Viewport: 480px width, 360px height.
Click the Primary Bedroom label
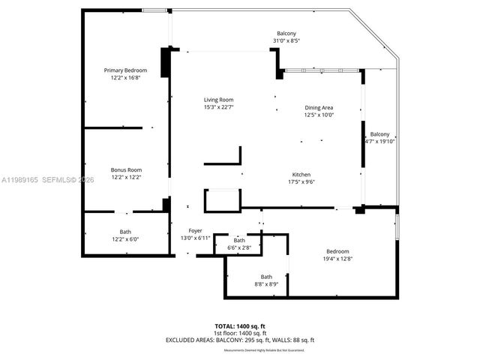click(x=124, y=70)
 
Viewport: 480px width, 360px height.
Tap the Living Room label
click(x=218, y=100)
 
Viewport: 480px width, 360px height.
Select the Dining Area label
click(x=318, y=107)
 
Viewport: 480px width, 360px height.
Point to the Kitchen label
click(x=301, y=175)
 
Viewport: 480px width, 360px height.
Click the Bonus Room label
click(x=125, y=170)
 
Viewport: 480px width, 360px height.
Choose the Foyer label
click(x=195, y=231)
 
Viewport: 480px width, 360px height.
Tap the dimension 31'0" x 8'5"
click(x=286, y=40)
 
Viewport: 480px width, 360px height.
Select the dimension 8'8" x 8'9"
click(x=266, y=284)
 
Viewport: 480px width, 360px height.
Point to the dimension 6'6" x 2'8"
click(x=238, y=247)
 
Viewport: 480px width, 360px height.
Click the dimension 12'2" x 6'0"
click(x=125, y=239)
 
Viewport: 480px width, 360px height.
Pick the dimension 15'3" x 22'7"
click(x=218, y=107)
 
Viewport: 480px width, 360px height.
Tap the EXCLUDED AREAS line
click(x=239, y=340)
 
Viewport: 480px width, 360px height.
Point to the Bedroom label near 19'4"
click(x=337, y=251)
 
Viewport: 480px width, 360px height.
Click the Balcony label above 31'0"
click(x=286, y=33)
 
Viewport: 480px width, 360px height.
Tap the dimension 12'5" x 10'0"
click(x=318, y=115)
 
